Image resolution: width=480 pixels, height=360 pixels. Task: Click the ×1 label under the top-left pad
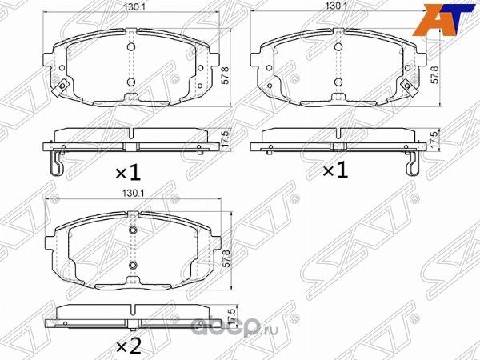coord(127,170)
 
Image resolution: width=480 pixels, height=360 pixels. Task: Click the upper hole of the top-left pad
coord(131,46)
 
